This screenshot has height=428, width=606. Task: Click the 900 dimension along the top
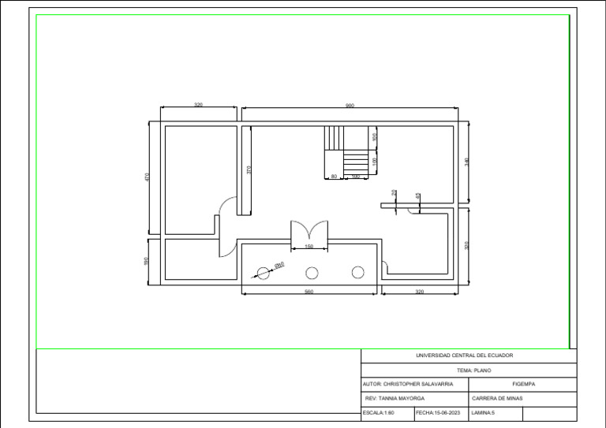350,105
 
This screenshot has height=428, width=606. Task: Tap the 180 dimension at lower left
147,260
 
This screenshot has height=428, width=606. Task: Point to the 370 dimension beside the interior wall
249,169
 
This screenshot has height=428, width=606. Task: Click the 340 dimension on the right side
467,162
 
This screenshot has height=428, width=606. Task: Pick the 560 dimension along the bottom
309,292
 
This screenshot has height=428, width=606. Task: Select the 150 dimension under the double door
309,247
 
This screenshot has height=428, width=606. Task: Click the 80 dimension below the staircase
335,177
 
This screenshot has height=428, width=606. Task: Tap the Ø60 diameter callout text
279,266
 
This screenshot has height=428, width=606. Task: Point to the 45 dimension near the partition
417,195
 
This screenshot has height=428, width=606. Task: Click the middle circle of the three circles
312,273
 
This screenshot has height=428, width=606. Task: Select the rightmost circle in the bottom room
357,272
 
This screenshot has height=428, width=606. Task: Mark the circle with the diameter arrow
262,274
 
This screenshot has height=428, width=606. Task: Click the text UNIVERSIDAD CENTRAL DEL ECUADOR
464,355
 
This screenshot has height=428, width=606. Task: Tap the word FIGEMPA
523,384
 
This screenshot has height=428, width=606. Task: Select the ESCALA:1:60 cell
379,412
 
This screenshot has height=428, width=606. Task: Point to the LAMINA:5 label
483,412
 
